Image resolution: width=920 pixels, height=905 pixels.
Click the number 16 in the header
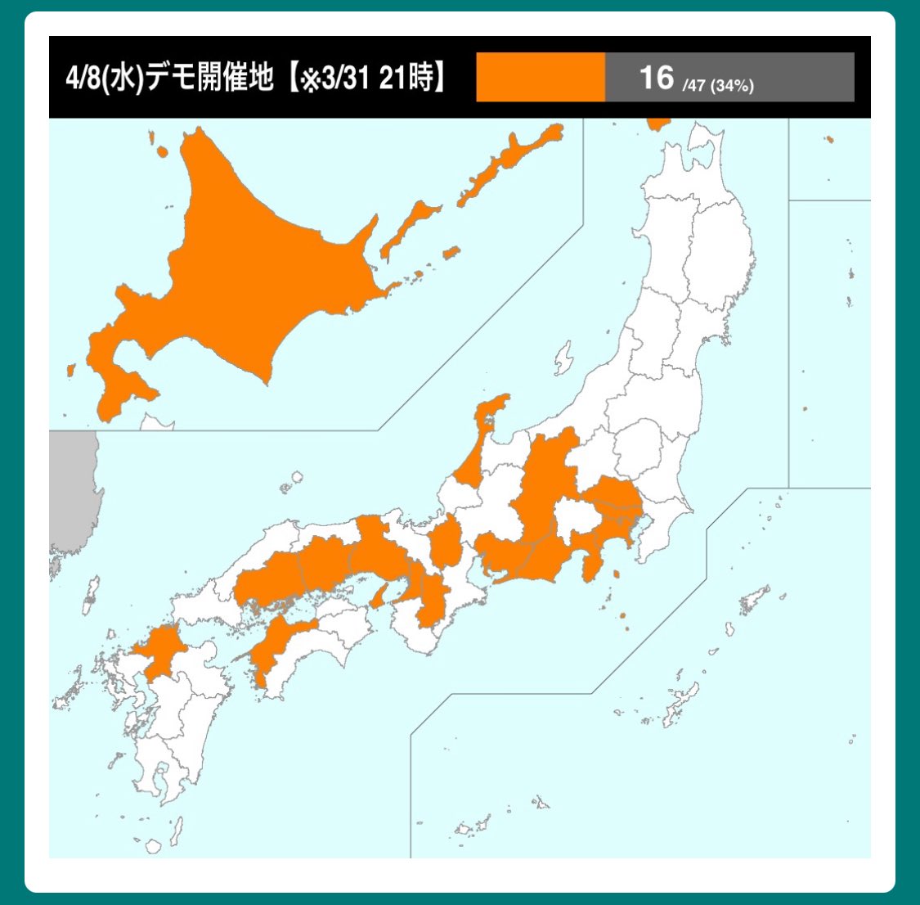click(656, 78)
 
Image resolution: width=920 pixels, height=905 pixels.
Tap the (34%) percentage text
click(732, 85)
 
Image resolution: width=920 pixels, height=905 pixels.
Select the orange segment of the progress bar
click(541, 78)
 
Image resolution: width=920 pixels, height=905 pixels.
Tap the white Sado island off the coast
click(563, 358)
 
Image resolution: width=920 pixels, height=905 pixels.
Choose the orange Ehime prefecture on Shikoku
click(278, 646)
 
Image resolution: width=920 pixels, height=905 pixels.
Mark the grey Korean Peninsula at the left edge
click(72, 491)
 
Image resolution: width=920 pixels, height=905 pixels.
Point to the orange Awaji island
click(377, 596)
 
